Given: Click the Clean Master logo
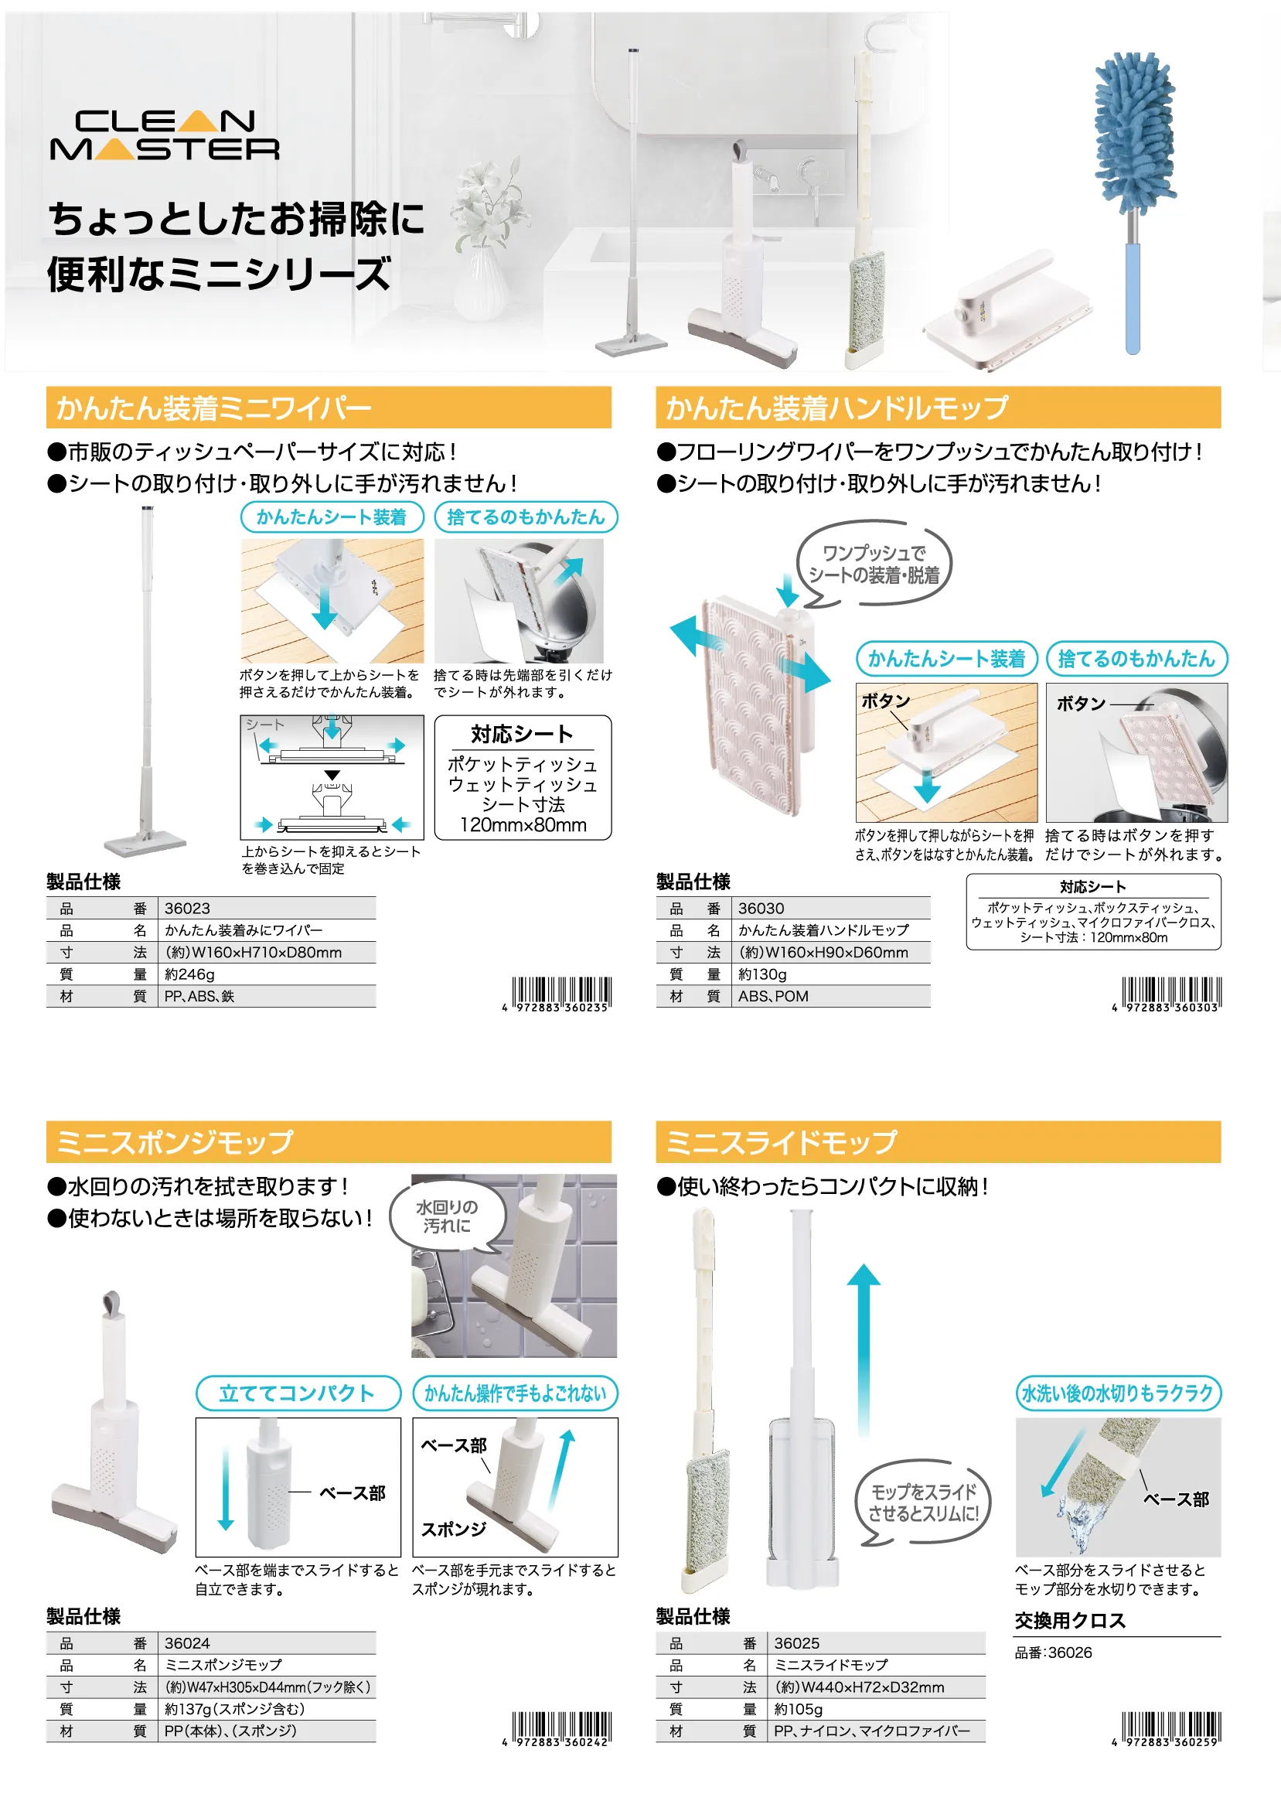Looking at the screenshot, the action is (x=165, y=135).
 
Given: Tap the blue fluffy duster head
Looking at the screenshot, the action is (x=1134, y=135).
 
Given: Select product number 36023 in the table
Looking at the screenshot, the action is (x=188, y=908).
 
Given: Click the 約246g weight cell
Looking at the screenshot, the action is (x=189, y=974).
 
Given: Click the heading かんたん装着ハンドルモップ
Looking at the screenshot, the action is (x=836, y=408).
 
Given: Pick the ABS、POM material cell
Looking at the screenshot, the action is (x=773, y=996).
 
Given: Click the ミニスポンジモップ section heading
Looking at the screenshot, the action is (x=174, y=1141).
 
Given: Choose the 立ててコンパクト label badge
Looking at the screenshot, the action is (x=298, y=1393).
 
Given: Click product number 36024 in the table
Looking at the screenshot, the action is (x=188, y=1643).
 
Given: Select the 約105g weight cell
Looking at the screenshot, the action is (x=799, y=1710).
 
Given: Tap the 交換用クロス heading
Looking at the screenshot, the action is (x=1070, y=1620).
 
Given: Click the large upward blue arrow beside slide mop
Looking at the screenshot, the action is (x=864, y=1349).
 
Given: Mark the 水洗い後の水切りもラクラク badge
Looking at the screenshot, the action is (x=1118, y=1393).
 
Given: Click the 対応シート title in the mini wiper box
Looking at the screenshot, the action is (x=522, y=735).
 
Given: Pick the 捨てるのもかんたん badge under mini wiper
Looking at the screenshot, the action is (x=526, y=517).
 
